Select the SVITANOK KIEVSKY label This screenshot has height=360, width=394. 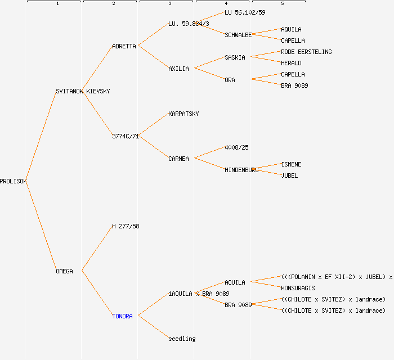pyautogui.click(x=83, y=91)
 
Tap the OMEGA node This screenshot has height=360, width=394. pyautogui.click(x=64, y=271)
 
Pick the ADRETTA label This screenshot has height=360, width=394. pyautogui.click(x=124, y=46)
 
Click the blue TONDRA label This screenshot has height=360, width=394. pyautogui.click(x=122, y=316)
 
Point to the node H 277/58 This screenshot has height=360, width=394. pyautogui.click(x=126, y=226)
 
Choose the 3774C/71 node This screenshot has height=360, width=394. pyautogui.click(x=126, y=136)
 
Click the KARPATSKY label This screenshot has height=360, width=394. pyautogui.click(x=183, y=114)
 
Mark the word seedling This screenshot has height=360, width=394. pyautogui.click(x=182, y=339)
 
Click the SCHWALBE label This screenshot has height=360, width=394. pyautogui.click(x=238, y=35)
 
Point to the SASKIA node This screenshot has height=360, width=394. pyautogui.click(x=235, y=57)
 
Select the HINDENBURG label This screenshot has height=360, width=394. pyautogui.click(x=241, y=170)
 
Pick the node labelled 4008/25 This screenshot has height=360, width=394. pyautogui.click(x=236, y=147)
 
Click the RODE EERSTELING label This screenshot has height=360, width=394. pyautogui.click(x=306, y=52)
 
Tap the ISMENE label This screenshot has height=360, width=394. pyautogui.click(x=291, y=164)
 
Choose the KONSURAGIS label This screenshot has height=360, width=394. pyautogui.click(x=298, y=288)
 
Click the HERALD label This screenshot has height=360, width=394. pyautogui.click(x=291, y=63)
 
